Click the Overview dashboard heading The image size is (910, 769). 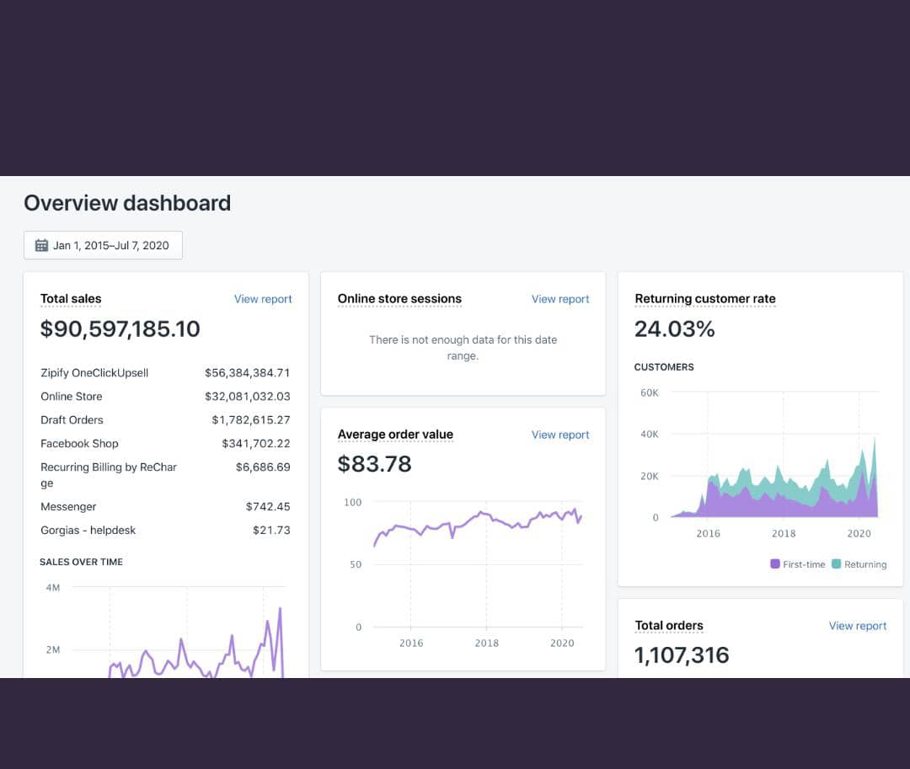coord(127,203)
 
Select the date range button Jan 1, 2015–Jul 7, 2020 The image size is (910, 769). coord(103,245)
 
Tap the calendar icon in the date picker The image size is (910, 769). coord(41,245)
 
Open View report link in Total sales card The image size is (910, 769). coord(263,299)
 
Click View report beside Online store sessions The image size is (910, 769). coord(560,299)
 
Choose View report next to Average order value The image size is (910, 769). coord(560,435)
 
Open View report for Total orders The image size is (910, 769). coord(858,626)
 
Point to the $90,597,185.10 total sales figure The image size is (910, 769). coord(120,328)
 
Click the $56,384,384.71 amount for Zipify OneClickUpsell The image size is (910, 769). coord(248,372)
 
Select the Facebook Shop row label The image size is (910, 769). coord(79,443)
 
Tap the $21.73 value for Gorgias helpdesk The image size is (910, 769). coord(271,530)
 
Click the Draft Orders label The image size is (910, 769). coord(72,419)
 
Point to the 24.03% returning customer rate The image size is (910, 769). coord(674,329)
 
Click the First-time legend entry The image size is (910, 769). coord(798,564)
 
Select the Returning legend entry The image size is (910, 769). coord(859,564)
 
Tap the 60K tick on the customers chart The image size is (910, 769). coord(650,393)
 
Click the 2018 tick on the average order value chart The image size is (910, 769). coord(487,643)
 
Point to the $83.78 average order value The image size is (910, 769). coord(374,464)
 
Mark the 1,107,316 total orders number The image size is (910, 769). coord(682,655)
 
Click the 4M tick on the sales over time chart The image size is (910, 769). coord(52,587)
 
